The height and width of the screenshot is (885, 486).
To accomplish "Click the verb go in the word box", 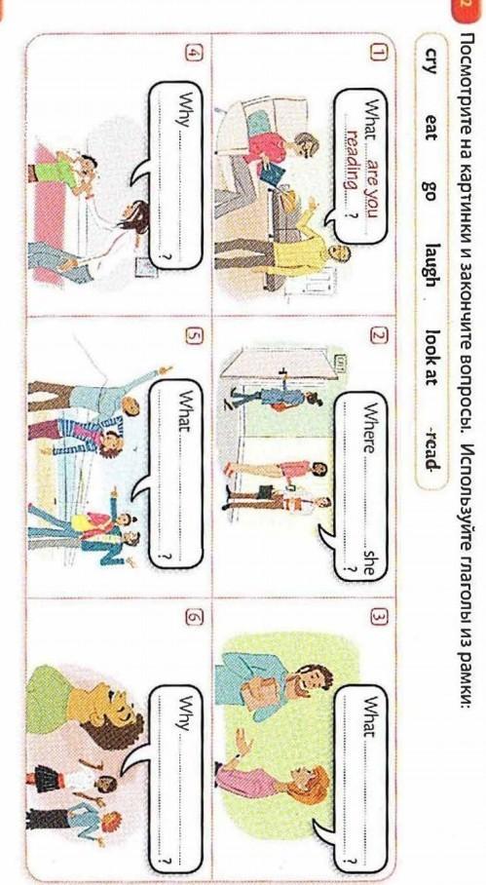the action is [430, 189].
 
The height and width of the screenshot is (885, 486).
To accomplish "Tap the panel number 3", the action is [377, 618].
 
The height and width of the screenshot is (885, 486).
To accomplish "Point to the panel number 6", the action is [192, 618].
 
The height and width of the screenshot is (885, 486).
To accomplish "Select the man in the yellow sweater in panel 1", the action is [281, 246].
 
